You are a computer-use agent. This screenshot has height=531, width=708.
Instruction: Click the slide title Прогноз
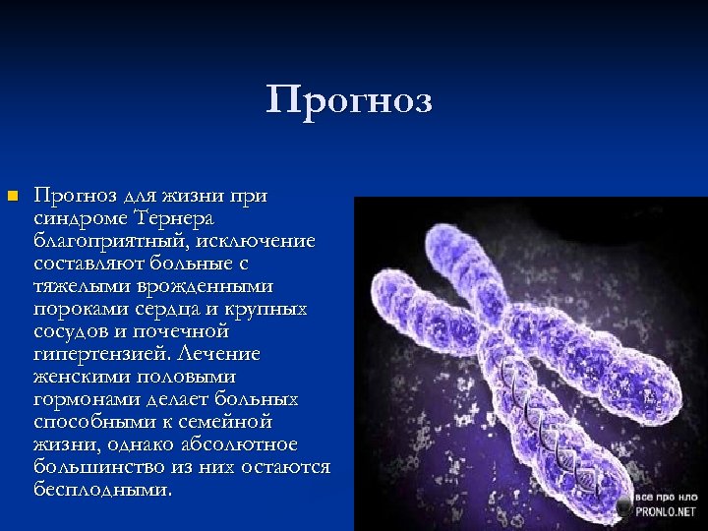coord(349,100)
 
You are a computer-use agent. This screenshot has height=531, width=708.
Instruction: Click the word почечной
coord(186,331)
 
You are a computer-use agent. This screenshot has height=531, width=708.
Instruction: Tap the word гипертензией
coord(96,354)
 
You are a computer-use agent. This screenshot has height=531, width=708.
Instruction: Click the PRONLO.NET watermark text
coord(664,512)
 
